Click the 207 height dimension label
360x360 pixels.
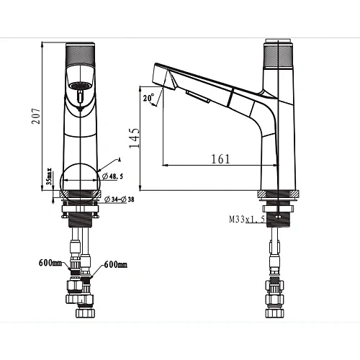tap(36, 116)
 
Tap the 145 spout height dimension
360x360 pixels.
tap(134, 138)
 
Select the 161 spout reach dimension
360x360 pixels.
tap(220, 159)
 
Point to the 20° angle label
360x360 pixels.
tap(148, 98)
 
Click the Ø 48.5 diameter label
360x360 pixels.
tap(112, 176)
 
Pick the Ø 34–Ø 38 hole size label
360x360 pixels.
tap(120, 199)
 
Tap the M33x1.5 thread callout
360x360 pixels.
tap(247, 219)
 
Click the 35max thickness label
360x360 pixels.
tap(49, 176)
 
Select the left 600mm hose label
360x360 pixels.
tap(50, 263)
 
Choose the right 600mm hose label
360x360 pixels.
tap(115, 265)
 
